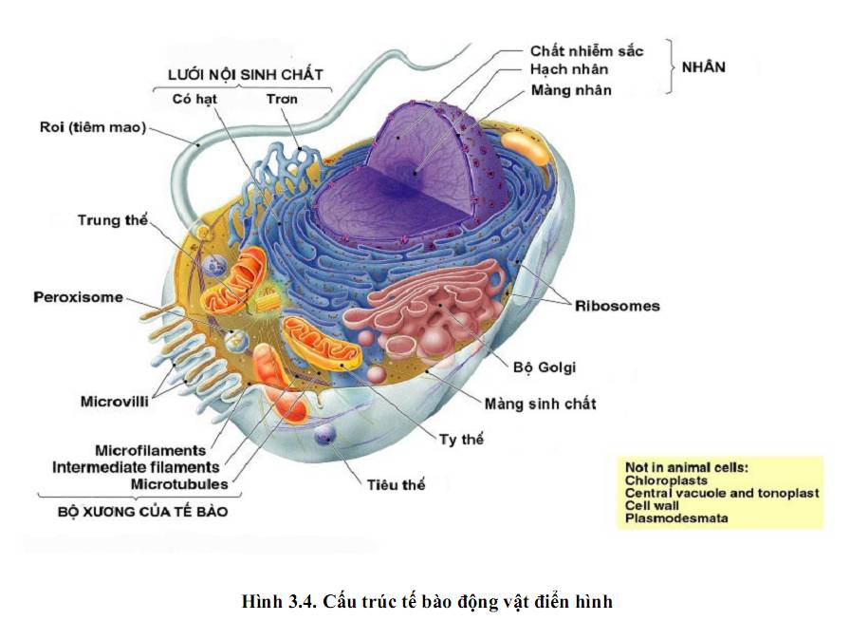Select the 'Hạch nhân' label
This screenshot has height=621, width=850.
pos(568,70)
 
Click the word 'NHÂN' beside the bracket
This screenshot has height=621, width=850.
pos(705,68)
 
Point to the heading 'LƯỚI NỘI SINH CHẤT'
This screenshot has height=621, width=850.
pos(245,74)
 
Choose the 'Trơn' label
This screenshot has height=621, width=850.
pos(282,99)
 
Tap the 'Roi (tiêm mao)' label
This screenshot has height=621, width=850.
pos(93,127)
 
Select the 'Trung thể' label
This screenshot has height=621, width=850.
pos(113,221)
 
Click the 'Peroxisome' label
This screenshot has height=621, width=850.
pos(79,297)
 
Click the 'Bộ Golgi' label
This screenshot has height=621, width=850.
pos(545,367)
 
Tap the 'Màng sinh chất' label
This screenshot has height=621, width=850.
pos(540,405)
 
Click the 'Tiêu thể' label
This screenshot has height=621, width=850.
pos(396,485)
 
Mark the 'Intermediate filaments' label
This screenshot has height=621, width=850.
pos(136,467)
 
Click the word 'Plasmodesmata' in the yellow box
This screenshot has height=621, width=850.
pos(676,518)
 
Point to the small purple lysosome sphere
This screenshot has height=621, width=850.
pos(326,436)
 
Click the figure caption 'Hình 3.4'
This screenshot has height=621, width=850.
pos(274,602)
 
